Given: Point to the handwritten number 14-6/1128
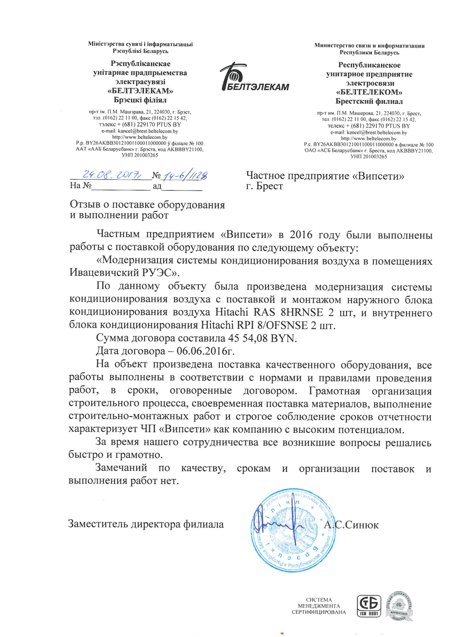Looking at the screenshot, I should point(185,176).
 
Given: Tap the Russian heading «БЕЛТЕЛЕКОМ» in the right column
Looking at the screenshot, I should point(369,92).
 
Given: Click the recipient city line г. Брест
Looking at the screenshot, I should point(265,186).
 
